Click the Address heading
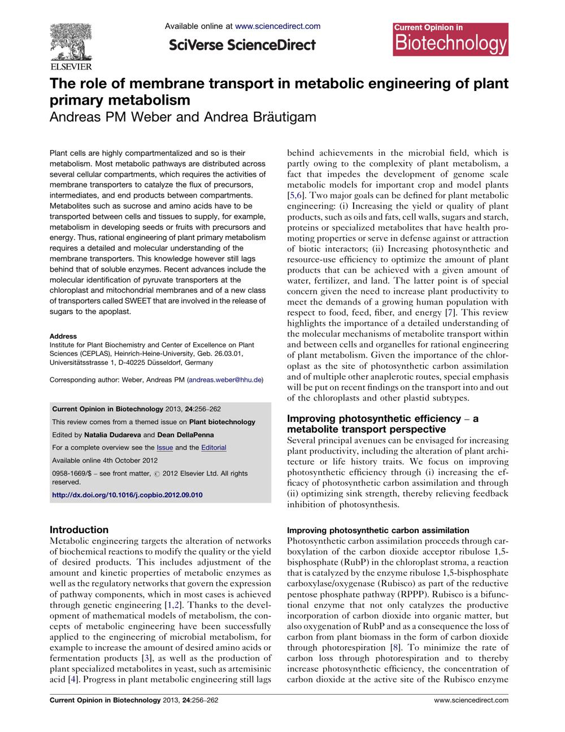[63, 336]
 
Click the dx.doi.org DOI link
[127, 495]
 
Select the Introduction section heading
[79, 530]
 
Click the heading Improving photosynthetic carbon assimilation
[378, 530]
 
